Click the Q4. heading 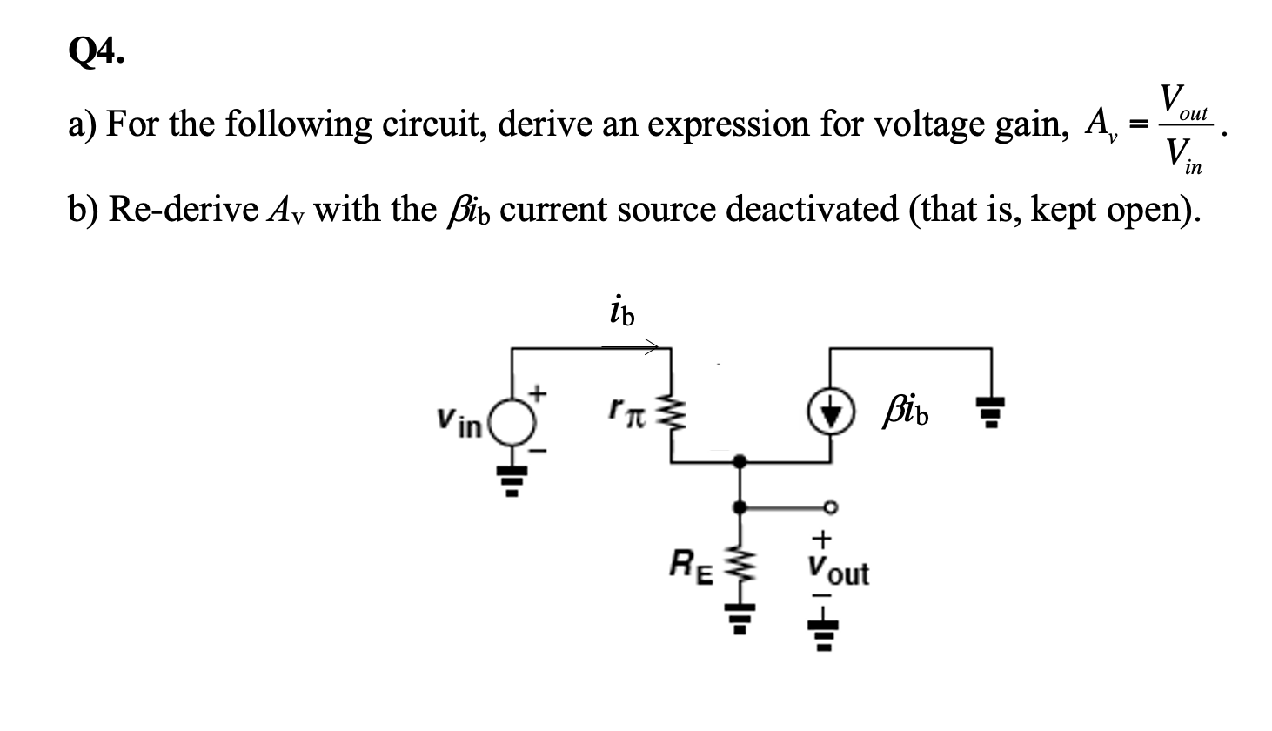coord(95,54)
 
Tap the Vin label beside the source coord(459,424)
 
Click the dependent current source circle coord(829,412)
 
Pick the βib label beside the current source coord(905,412)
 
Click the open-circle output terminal coord(830,506)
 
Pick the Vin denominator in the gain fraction coord(1182,160)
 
